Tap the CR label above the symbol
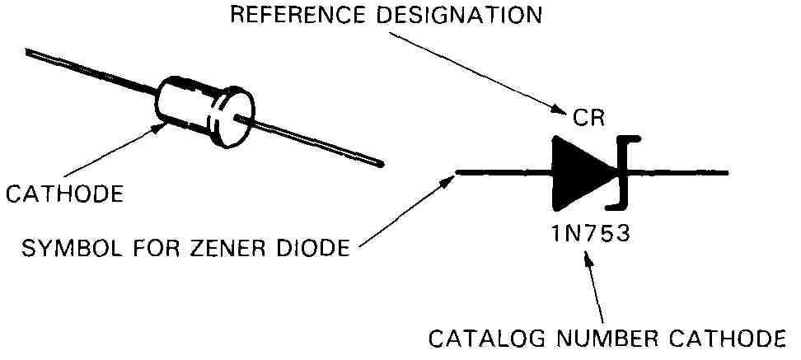pos(588,118)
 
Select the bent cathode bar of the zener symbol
pos(622,173)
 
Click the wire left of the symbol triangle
pos(504,173)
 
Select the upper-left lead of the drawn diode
pos(91,72)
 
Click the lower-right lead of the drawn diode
pos(309,142)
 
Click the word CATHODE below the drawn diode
pos(64,194)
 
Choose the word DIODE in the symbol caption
pos(319,248)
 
